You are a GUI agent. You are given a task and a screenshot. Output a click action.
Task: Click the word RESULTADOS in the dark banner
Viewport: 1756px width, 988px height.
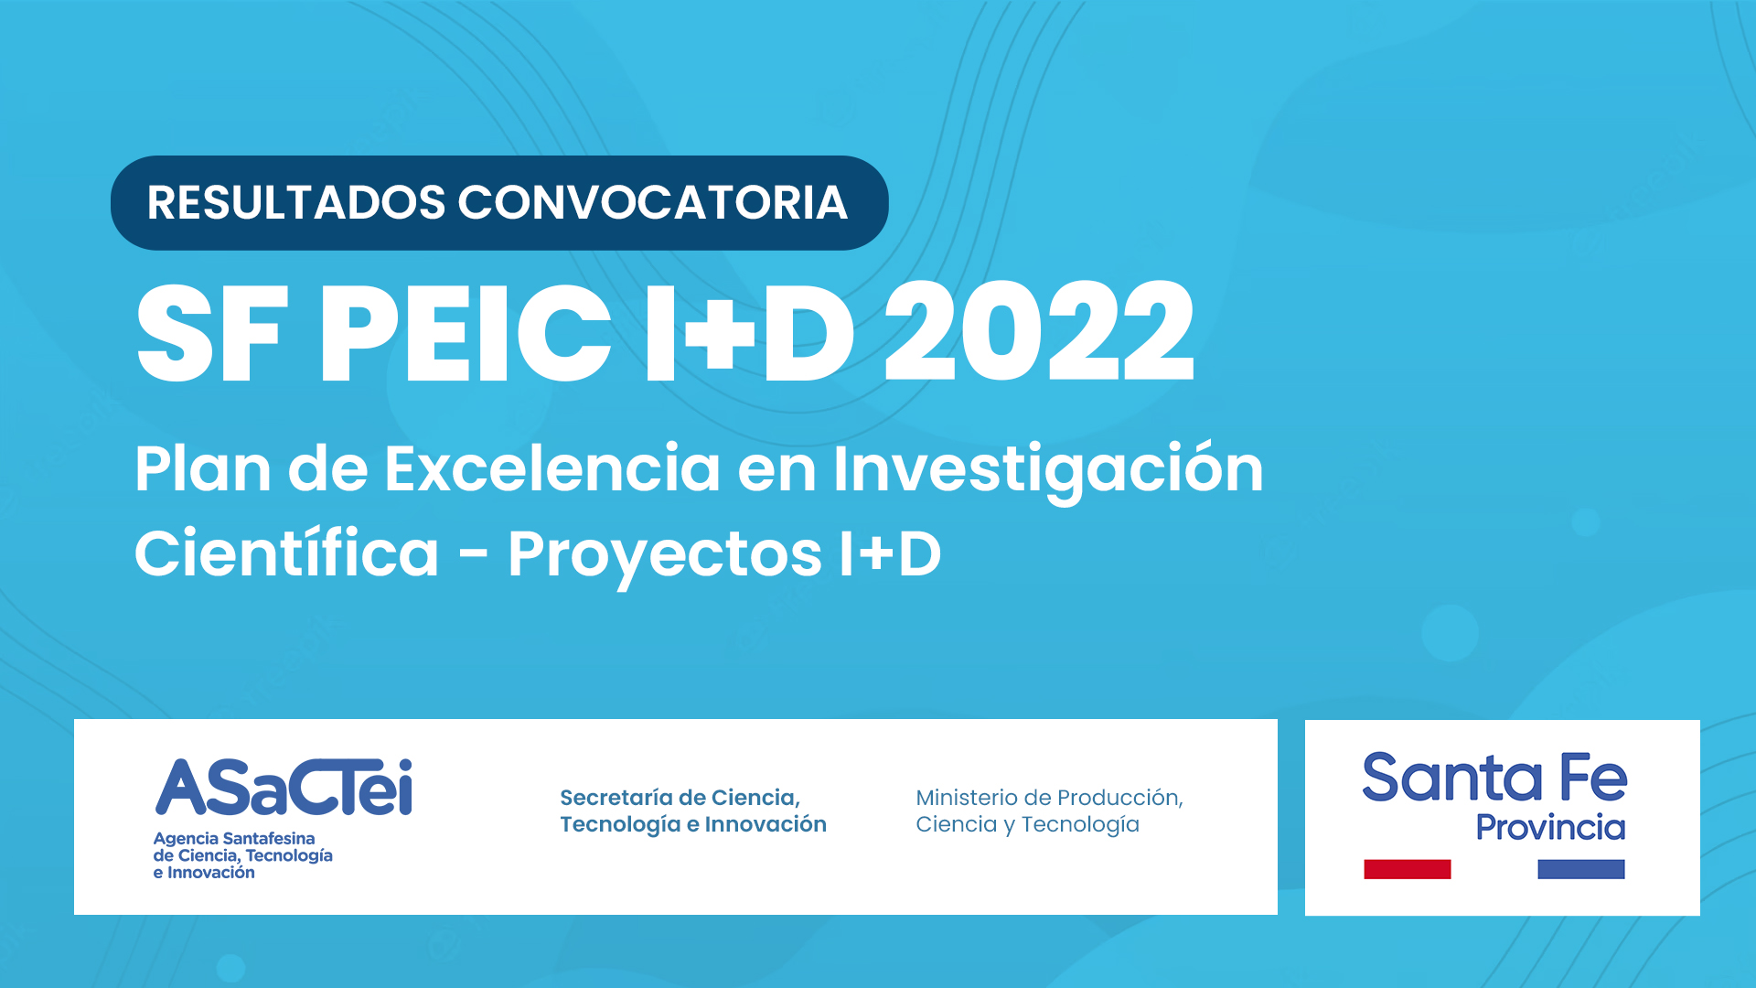pyautogui.click(x=296, y=202)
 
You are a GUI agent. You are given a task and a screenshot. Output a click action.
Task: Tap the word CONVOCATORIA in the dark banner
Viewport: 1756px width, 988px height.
pyautogui.click(x=652, y=202)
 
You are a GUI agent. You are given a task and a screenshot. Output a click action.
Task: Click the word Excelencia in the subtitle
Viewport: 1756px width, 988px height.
pyautogui.click(x=551, y=468)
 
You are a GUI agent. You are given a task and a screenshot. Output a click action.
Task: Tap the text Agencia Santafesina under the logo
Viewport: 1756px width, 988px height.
pyautogui.click(x=234, y=838)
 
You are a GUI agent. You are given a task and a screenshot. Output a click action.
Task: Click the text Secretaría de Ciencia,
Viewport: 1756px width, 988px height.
pyautogui.click(x=680, y=798)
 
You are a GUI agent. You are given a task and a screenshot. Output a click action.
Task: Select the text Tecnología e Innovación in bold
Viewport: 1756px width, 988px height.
pyautogui.click(x=693, y=825)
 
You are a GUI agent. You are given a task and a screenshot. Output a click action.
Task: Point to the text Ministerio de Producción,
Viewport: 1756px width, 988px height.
pyautogui.click(x=1049, y=798)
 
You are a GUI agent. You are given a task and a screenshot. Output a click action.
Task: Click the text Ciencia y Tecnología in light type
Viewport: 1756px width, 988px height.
pyautogui.click(x=1027, y=825)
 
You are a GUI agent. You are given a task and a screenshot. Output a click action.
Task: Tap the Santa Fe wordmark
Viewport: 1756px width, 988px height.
pyautogui.click(x=1494, y=778)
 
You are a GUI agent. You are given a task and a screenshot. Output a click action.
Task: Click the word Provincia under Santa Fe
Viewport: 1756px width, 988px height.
pyautogui.click(x=1550, y=827)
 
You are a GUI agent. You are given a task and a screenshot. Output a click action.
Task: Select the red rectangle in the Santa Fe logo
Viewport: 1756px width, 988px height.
pyautogui.click(x=1407, y=869)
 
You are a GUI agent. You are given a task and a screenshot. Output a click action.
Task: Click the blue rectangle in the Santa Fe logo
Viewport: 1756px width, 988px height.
pyautogui.click(x=1581, y=869)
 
